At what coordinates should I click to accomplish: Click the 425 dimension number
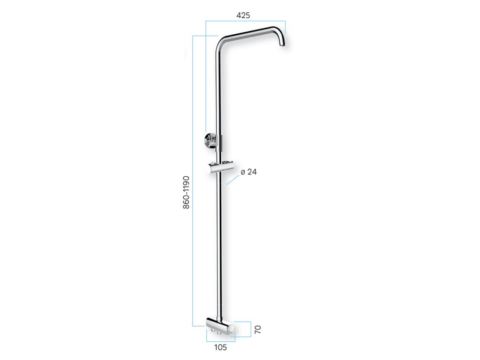pos(243,15)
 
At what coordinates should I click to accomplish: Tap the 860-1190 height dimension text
pos(186,193)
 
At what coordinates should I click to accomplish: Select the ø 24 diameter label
pos(248,172)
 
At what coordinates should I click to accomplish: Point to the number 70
pos(258,330)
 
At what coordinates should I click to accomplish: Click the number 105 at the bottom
pos(220,347)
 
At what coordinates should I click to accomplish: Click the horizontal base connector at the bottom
pos(220,326)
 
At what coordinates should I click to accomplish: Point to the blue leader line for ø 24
pos(232,180)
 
